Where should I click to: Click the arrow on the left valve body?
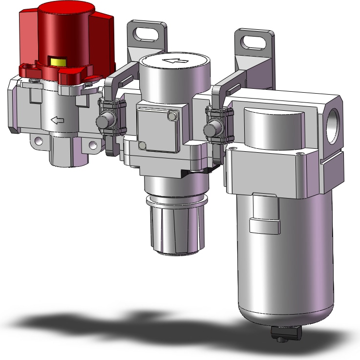(58, 120)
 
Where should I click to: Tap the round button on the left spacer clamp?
(104, 121)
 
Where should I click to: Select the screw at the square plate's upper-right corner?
(170, 116)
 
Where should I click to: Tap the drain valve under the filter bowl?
(284, 333)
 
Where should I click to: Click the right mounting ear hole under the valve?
(93, 144)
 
